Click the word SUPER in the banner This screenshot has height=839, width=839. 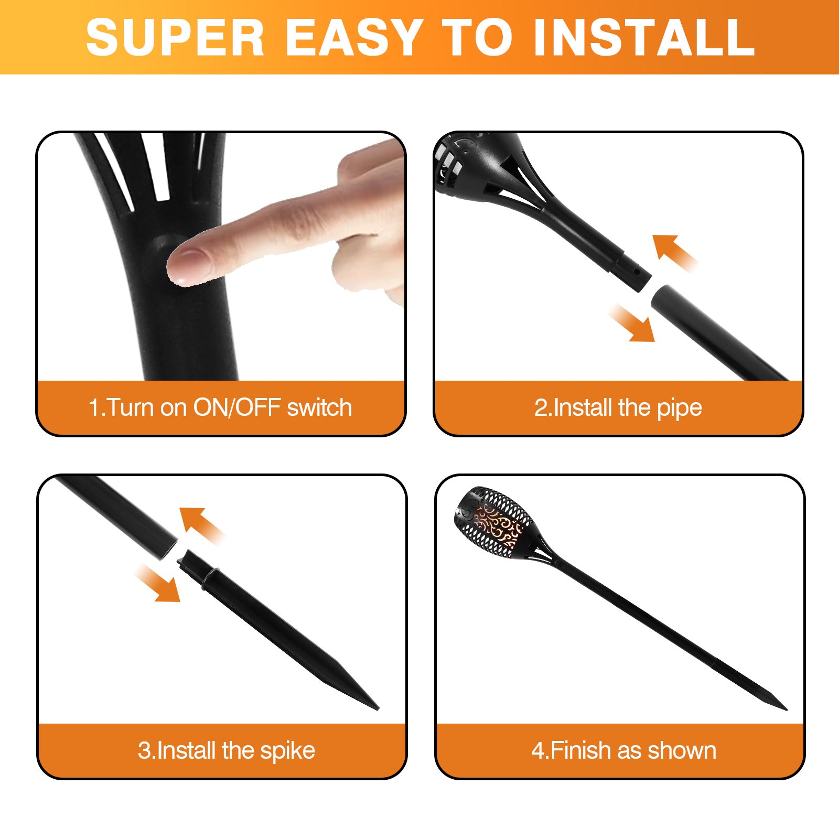coord(175,37)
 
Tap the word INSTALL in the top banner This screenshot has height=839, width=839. coord(644,37)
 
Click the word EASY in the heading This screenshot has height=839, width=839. coord(355,37)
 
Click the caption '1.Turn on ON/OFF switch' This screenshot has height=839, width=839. coord(220,407)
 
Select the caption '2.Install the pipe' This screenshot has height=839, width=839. coord(618,408)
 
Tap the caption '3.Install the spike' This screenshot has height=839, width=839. coord(227,750)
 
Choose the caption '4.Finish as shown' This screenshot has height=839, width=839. coord(624,750)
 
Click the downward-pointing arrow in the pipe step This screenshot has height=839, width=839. coord(632,323)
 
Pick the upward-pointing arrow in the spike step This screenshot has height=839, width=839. coord(201,525)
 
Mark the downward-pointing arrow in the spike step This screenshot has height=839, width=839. coord(157,583)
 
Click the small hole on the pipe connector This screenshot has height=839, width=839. coord(637,272)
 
